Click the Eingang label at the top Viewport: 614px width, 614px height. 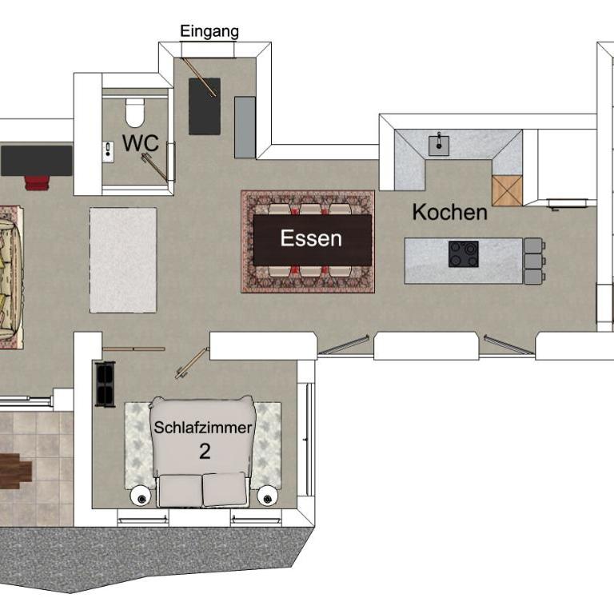209,32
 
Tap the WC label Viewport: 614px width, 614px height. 141,143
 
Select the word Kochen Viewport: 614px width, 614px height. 450,212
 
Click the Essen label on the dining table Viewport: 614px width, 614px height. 311,238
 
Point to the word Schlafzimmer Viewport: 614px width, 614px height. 203,427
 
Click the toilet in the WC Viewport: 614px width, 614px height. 134,113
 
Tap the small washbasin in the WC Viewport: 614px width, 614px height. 108,152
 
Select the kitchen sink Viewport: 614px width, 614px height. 439,146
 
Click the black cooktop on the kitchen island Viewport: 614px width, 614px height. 464,254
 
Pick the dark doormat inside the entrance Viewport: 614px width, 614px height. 205,106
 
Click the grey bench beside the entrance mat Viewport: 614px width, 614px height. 245,127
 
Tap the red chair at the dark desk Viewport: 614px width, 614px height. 38,183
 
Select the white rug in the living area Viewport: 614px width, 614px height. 123,261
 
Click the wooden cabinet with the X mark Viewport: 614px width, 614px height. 507,191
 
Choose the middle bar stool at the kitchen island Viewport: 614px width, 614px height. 534,261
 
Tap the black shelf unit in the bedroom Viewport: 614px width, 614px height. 106,385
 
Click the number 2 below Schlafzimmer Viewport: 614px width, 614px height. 205,452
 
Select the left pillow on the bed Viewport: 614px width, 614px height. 181,490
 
